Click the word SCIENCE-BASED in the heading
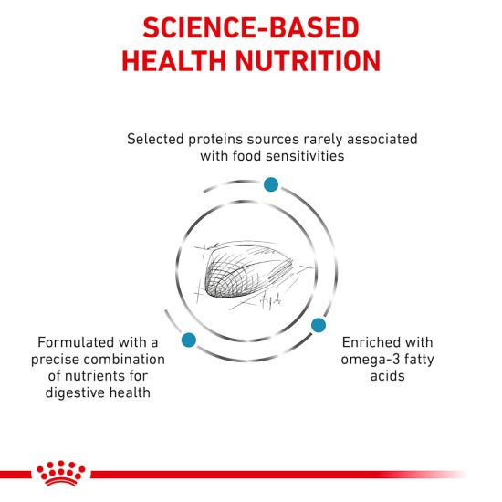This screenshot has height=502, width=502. click(251, 28)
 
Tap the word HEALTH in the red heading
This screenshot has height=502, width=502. click(174, 61)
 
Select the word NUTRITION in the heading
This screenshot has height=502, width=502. click(308, 61)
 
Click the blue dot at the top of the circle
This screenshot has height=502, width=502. click(271, 184)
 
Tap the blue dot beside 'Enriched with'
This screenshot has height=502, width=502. click(319, 325)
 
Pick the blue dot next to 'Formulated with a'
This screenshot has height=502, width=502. click(189, 340)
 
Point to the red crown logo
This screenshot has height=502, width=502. click(61, 473)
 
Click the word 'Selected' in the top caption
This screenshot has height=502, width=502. click(155, 140)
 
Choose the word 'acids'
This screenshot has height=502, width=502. click(387, 376)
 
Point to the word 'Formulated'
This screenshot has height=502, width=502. click(76, 342)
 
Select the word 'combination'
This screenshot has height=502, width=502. click(123, 360)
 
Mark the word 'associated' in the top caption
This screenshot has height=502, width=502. click(382, 140)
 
